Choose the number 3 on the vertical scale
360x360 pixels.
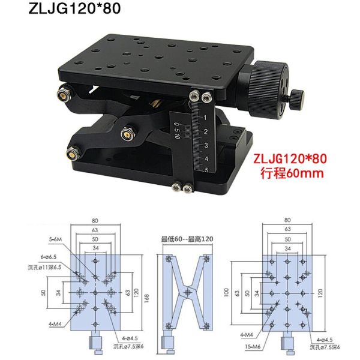click(x=206, y=145)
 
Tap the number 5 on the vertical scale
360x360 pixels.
click(x=206, y=171)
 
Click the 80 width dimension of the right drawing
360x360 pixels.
click(x=288, y=220)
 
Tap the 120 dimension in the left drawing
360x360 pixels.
click(x=137, y=294)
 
